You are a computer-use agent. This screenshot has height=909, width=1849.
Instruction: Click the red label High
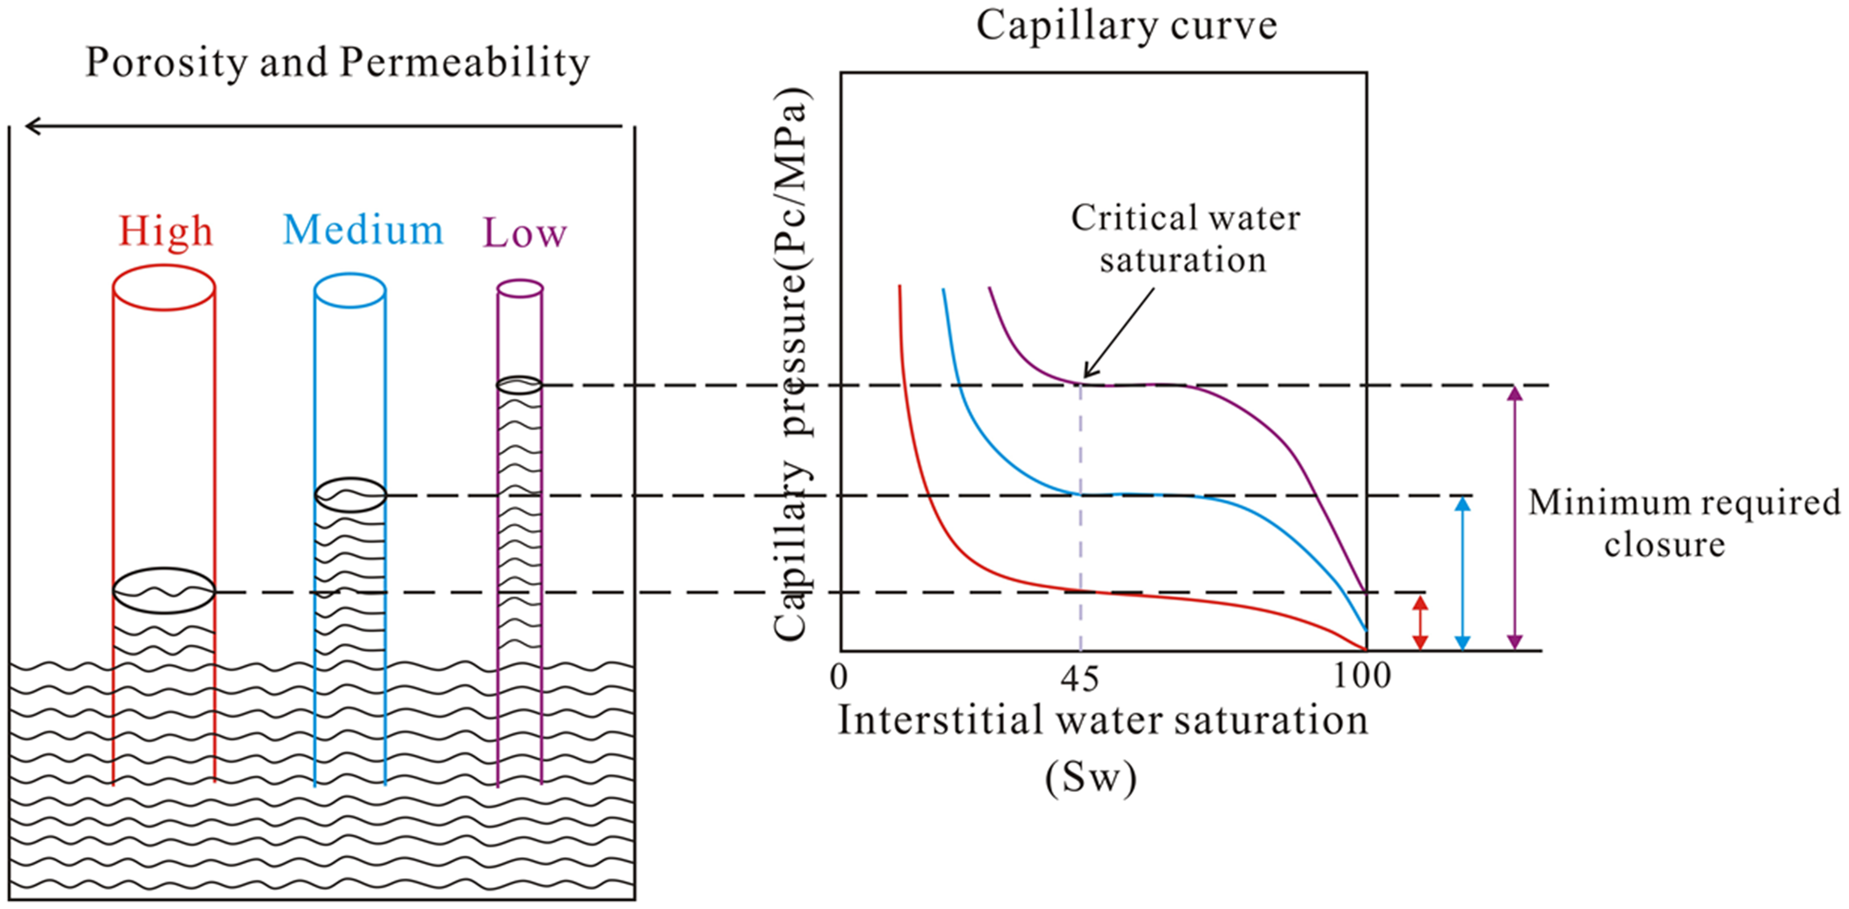[166, 231]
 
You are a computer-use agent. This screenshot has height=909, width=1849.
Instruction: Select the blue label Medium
[363, 231]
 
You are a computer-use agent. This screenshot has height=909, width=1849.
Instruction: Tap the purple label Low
[525, 232]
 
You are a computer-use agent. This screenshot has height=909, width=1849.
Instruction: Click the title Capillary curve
[1126, 27]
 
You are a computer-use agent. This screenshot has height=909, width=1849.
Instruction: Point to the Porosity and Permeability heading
[337, 62]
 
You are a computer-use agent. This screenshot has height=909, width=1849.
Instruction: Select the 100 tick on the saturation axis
[1361, 676]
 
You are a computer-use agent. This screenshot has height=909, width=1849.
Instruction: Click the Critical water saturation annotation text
[1185, 239]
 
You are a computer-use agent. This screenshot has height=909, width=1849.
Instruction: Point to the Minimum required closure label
[1684, 523]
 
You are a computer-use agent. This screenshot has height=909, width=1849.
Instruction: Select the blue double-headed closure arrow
[1463, 574]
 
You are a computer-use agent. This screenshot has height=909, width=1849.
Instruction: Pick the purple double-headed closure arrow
[1514, 517]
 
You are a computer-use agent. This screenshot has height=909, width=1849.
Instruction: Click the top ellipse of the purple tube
[520, 280]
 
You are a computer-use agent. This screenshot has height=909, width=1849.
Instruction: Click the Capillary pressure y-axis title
[792, 363]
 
